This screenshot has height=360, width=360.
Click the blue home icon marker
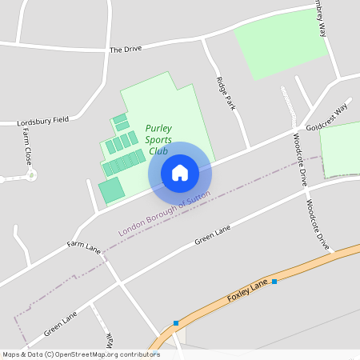pyautogui.click(x=180, y=173)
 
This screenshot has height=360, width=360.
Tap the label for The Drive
pyautogui.click(x=126, y=49)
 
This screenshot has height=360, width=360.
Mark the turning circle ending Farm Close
pyautogui.click(x=30, y=174)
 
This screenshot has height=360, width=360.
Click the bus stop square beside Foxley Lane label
pyautogui.click(x=274, y=282)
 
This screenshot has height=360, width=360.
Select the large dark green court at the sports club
pyautogui.click(x=111, y=190)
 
